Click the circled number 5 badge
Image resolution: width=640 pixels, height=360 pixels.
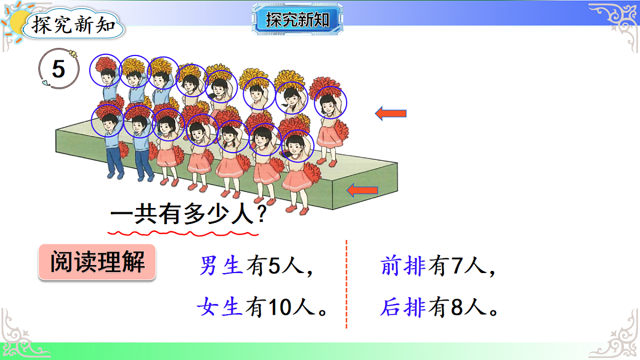(x=58, y=70)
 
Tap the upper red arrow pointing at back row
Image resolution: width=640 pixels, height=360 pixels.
(x=391, y=113)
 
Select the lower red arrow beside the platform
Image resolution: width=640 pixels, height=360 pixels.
(x=362, y=189)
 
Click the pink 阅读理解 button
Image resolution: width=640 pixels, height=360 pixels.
(x=97, y=262)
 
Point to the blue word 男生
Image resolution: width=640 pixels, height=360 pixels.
(x=222, y=266)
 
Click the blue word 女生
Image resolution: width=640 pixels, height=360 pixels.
(x=220, y=307)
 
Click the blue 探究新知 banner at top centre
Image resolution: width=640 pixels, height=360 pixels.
(x=297, y=20)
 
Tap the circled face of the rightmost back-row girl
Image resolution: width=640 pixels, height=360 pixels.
(x=330, y=103)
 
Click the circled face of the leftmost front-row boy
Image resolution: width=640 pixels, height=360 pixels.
(x=107, y=121)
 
